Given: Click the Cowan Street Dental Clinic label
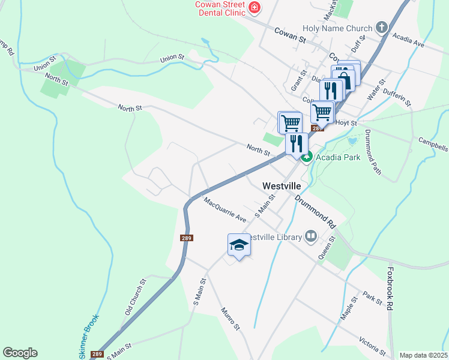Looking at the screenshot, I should pyautogui.click(x=220, y=8).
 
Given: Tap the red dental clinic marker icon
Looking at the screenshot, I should pyautogui.click(x=255, y=8).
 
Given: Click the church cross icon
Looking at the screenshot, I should pyautogui.click(x=381, y=27).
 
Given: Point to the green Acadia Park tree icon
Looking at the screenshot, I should pyautogui.click(x=306, y=157).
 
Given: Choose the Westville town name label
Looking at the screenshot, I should pyautogui.click(x=282, y=187).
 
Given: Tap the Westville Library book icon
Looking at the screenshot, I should pyautogui.click(x=310, y=236).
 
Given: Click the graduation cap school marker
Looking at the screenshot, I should pyautogui.click(x=239, y=245).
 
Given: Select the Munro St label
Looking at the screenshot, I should pyautogui.click(x=230, y=319).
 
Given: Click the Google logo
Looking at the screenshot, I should pyautogui.click(x=20, y=353).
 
